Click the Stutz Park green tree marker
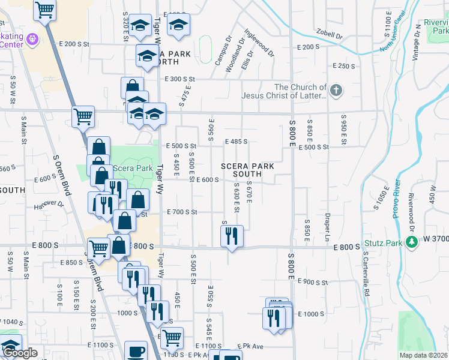click(411, 242)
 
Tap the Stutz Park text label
click(384, 245)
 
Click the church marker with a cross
click(336, 91)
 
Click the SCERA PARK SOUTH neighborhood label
click(247, 170)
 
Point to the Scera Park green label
click(133, 168)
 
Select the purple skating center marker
click(32, 40)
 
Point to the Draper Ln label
click(328, 223)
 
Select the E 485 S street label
click(236, 142)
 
